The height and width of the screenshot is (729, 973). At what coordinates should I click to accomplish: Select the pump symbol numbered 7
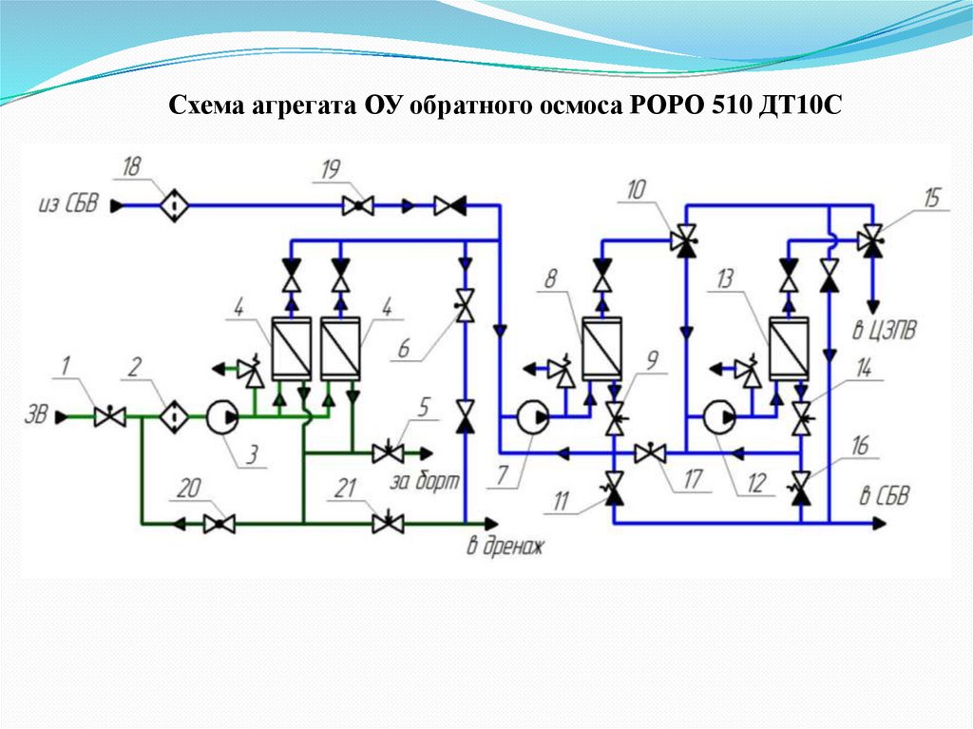(529, 416)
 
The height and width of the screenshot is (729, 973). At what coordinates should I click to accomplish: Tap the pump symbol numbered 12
(718, 416)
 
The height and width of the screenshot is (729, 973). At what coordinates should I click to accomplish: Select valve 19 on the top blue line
(357, 204)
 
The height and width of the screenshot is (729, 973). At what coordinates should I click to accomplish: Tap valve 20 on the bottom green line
(220, 523)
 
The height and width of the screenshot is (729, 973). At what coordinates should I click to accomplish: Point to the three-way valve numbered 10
(684, 240)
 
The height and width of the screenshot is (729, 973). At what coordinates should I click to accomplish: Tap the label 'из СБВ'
(67, 204)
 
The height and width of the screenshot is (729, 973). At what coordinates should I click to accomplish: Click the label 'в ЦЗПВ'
(883, 333)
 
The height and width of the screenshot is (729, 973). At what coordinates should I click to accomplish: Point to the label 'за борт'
(423, 482)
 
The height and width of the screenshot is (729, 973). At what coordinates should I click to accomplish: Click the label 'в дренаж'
(504, 547)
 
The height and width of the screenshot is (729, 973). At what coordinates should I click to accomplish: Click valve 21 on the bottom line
(388, 523)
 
